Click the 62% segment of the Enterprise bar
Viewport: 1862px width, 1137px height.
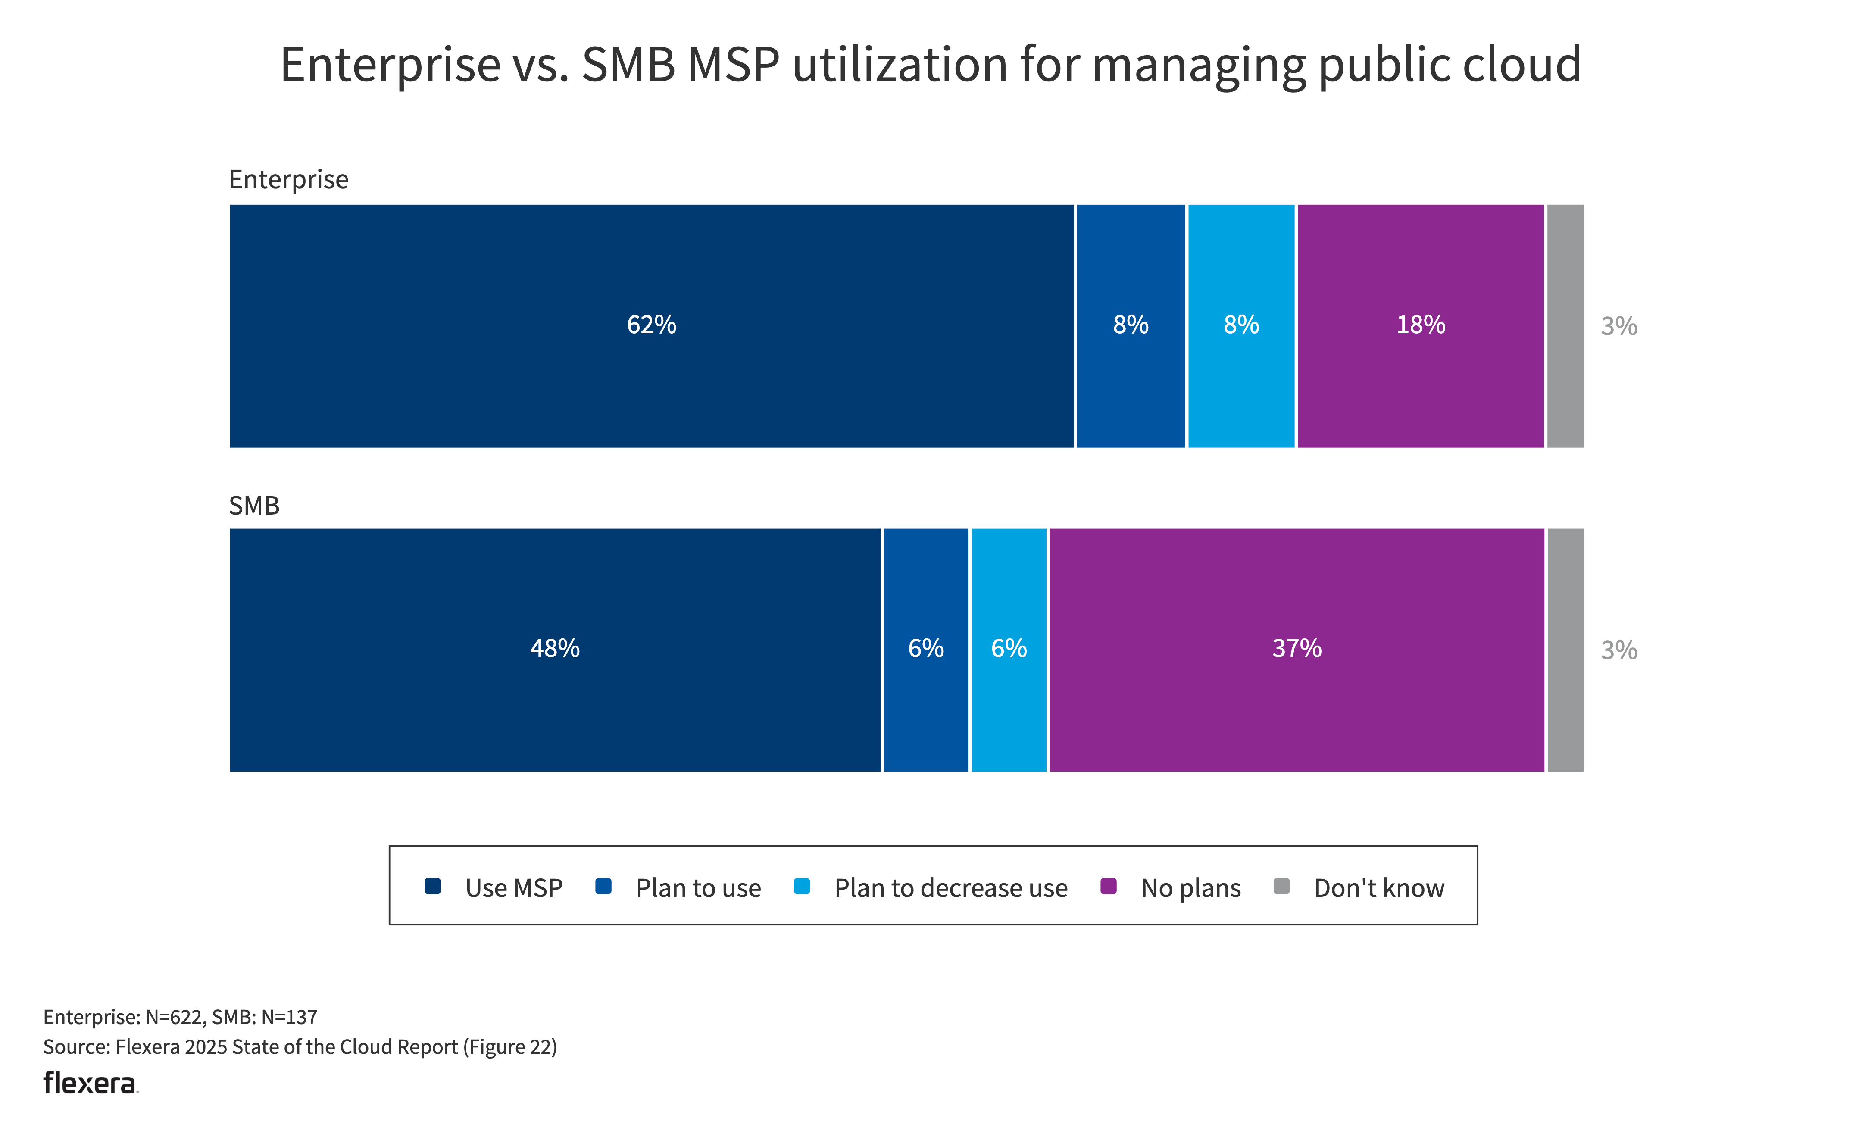coord(651,325)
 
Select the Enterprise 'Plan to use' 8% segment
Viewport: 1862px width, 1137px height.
coord(1131,325)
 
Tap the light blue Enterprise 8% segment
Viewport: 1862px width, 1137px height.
coord(1241,325)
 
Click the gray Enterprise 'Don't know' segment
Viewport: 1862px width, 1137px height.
coord(1565,325)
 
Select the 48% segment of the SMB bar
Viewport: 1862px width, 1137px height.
coord(555,650)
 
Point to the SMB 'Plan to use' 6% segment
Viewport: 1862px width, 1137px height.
coord(926,650)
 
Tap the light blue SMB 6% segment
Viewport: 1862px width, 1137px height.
coord(1009,650)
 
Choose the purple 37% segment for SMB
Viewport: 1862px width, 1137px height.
coord(1297,650)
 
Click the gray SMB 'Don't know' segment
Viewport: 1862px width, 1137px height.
coord(1565,650)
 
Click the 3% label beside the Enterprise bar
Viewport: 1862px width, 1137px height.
coord(1618,326)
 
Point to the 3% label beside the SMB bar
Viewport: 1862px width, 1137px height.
coord(1618,650)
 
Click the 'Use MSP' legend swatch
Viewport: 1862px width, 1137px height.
coord(432,886)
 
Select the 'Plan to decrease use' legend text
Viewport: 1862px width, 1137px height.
coord(951,888)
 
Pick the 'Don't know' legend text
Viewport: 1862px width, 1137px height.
coord(1379,888)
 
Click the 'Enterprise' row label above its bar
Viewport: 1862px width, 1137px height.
coord(289,180)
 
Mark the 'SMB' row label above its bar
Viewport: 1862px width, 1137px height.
coord(254,506)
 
